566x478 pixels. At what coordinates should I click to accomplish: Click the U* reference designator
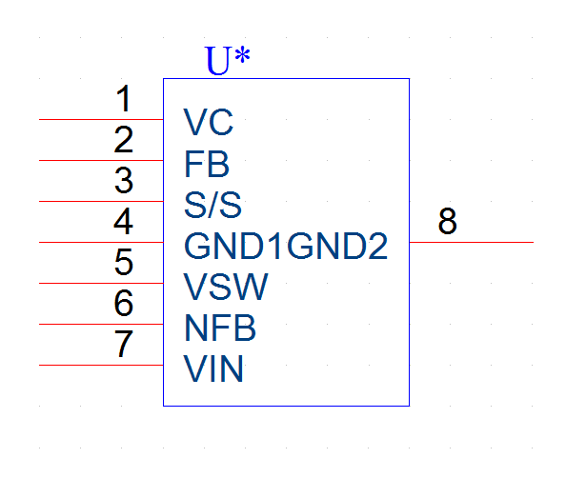pos(227,60)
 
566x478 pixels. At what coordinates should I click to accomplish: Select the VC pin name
pos(209,122)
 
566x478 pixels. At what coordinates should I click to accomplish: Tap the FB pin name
pos(207,164)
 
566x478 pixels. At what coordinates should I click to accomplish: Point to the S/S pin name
pos(212,205)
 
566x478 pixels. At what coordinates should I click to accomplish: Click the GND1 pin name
pos(233,246)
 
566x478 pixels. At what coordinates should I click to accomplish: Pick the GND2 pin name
pos(337,246)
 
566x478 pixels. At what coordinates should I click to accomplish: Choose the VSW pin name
pos(226,287)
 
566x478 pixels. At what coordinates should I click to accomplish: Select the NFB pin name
pos(220,328)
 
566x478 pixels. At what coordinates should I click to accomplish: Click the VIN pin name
pos(213,368)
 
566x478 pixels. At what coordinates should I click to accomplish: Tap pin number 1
pos(124,98)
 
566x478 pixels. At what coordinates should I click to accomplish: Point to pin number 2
pos(124,139)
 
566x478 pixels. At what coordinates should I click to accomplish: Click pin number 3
pos(124,180)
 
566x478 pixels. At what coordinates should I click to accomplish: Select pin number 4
pos(124,221)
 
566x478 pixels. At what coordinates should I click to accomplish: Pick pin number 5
pos(124,262)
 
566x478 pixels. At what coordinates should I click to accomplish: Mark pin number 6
pos(124,303)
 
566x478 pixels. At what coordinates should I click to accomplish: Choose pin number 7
pos(124,344)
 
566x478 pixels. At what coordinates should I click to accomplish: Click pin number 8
pos(448,221)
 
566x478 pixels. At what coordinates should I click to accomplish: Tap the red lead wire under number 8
pos(472,242)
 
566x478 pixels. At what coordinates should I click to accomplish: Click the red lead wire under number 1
pos(101,119)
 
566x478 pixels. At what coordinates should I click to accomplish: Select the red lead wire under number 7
pos(101,365)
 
